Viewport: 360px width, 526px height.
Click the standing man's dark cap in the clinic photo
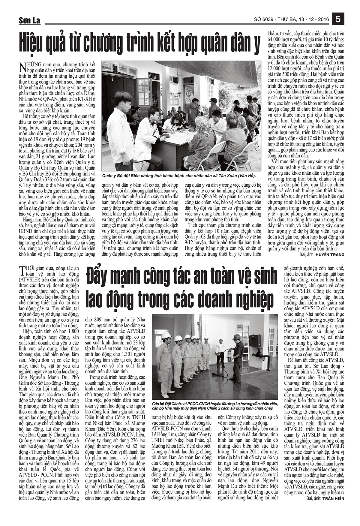[x=213, y=100]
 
